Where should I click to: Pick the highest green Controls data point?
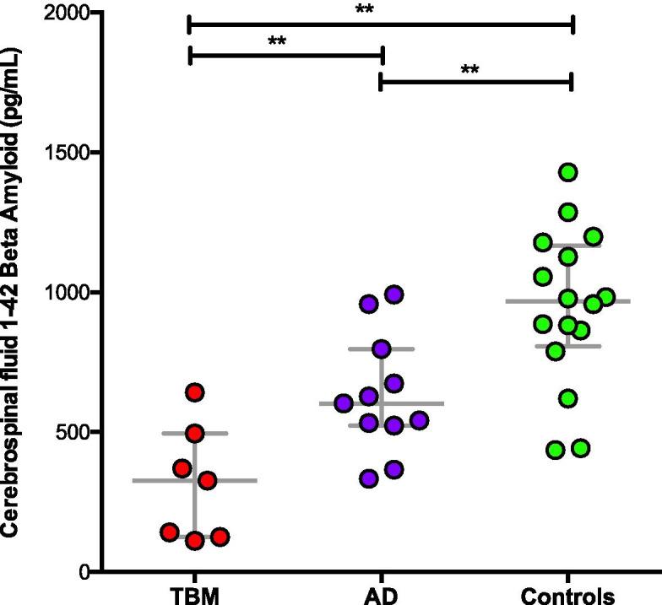(x=568, y=172)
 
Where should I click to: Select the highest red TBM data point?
(x=195, y=392)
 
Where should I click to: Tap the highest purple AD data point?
(x=393, y=294)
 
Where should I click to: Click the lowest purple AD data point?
(x=369, y=478)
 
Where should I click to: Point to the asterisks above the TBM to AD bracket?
(x=276, y=41)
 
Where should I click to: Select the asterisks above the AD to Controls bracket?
(x=470, y=69)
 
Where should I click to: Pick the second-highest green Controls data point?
(x=568, y=211)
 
